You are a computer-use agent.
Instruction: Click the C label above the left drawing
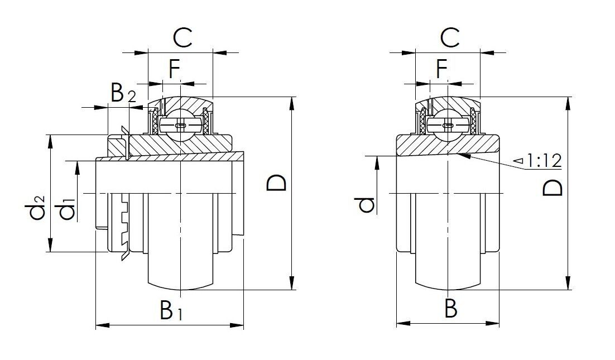click(182, 38)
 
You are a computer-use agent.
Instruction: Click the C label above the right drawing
click(449, 38)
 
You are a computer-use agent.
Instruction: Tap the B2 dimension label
click(122, 94)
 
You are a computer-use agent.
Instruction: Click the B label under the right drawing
click(450, 309)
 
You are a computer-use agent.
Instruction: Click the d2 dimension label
click(37, 207)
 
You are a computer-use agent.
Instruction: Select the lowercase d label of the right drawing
click(366, 205)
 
